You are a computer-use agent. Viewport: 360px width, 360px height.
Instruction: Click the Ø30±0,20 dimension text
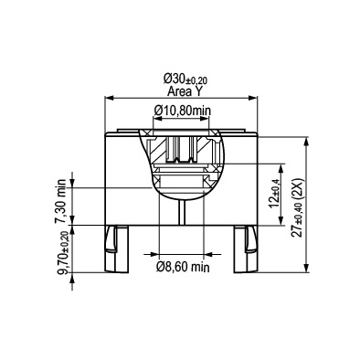click(185, 79)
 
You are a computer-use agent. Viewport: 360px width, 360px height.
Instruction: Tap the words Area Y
click(185, 91)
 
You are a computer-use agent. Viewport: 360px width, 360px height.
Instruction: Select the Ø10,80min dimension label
click(182, 111)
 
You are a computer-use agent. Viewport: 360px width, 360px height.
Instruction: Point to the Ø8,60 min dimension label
click(183, 267)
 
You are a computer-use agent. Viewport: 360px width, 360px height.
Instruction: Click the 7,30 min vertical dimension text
click(62, 201)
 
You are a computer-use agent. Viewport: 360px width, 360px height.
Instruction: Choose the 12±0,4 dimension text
click(275, 195)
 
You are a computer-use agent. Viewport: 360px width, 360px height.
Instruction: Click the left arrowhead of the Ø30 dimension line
click(109, 98)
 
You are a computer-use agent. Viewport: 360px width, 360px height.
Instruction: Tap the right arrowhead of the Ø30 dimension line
click(253, 98)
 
